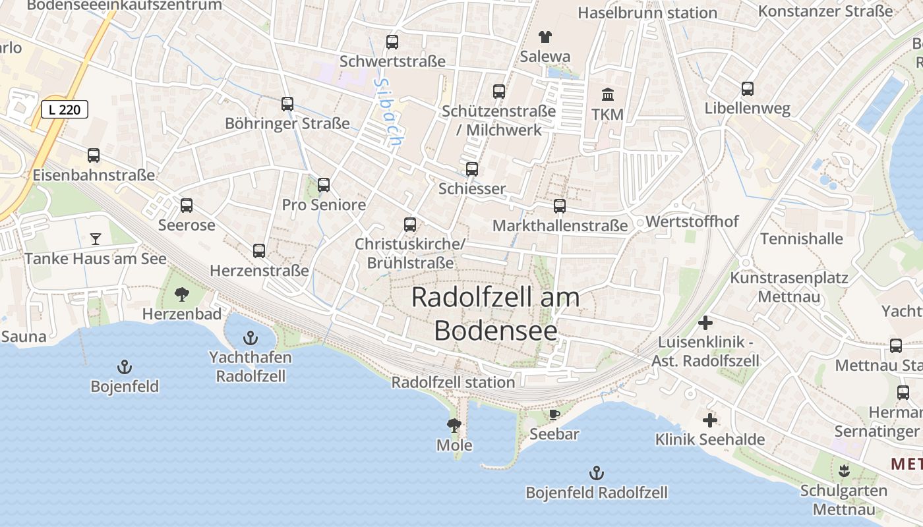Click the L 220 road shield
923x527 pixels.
click(65, 109)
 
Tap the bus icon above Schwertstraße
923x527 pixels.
click(392, 42)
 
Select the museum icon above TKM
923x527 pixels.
click(607, 95)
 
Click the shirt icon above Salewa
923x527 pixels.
click(545, 37)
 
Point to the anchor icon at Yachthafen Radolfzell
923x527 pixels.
click(250, 339)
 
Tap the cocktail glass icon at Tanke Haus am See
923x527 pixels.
click(96, 238)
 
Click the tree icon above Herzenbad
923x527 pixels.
click(182, 294)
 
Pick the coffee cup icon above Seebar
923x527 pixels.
click(554, 414)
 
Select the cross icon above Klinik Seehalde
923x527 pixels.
click(709, 420)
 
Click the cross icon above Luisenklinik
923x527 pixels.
click(705, 323)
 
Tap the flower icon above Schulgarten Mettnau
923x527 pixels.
click(843, 471)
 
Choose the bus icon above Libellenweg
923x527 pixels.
click(747, 89)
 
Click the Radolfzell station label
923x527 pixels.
click(453, 382)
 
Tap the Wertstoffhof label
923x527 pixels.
click(692, 221)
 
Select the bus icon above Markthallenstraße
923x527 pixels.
click(560, 206)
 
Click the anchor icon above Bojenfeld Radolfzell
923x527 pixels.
click(596, 472)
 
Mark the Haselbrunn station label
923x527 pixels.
click(647, 13)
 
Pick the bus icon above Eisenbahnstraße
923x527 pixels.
click(94, 155)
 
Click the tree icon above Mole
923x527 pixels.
click(454, 425)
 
